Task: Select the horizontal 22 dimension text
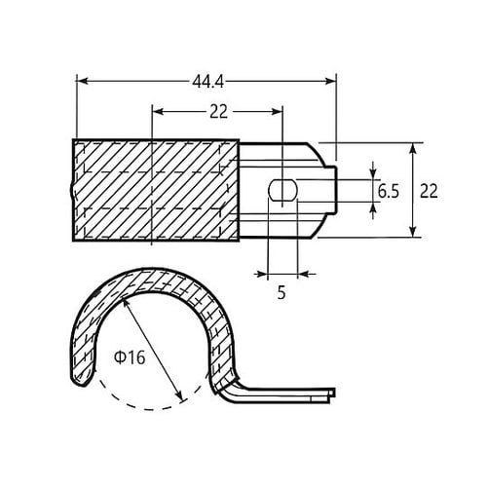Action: point(217,111)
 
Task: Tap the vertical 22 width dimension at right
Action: point(429,191)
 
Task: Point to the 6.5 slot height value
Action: point(388,191)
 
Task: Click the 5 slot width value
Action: point(281,290)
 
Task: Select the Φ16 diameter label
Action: point(130,357)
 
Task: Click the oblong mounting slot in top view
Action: point(281,190)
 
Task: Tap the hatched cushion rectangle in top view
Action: point(156,190)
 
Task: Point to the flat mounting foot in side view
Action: point(282,394)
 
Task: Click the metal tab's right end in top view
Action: point(336,190)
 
